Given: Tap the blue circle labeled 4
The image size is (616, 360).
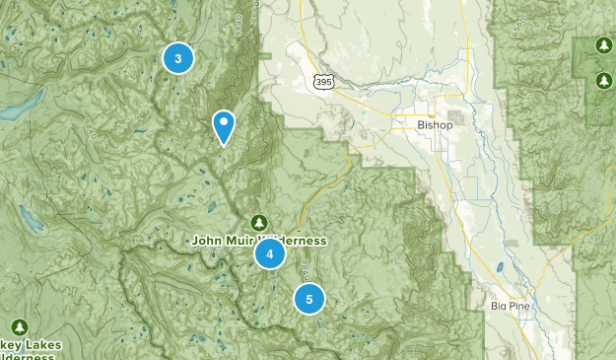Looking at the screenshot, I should pos(269,254).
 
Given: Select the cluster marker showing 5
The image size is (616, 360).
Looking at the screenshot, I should pos(308,298).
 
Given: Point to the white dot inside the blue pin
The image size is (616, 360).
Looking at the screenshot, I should pos(224,122).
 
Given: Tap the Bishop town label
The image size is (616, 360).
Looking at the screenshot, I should pos(435,125).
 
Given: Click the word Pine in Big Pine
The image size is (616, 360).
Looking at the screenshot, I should pos(520,306).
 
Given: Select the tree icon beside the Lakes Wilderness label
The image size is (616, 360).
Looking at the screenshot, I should pos(20,326).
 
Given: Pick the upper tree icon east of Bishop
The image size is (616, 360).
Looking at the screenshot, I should pos(603,45).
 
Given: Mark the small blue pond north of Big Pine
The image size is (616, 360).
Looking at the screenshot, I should pos(499,266).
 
